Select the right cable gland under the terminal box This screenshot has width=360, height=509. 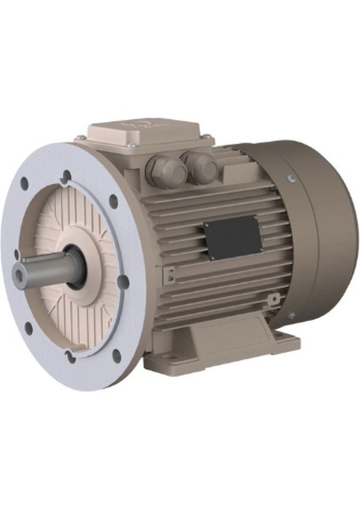201,167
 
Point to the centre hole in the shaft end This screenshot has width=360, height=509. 20,274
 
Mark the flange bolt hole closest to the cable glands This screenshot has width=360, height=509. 113,201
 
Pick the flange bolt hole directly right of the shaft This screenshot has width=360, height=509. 123,282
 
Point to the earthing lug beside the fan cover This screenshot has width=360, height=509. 274,299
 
